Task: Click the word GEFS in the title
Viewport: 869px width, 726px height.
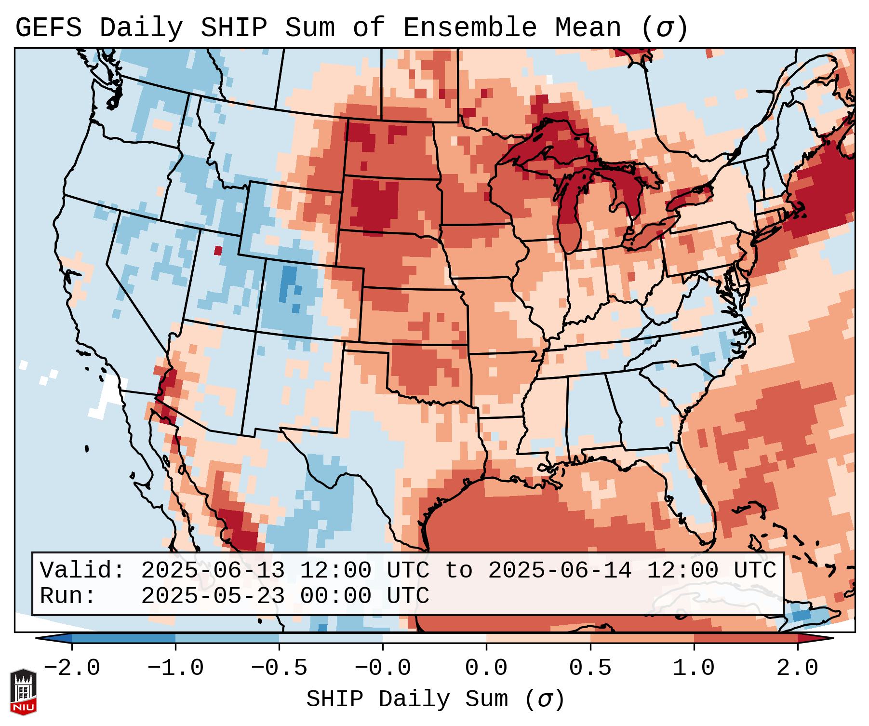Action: (x=48, y=28)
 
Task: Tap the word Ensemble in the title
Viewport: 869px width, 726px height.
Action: (x=469, y=28)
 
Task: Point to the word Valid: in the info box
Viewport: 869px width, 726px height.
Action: (x=82, y=571)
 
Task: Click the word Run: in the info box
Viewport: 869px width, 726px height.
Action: (x=67, y=596)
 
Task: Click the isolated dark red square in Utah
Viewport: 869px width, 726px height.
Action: (x=218, y=251)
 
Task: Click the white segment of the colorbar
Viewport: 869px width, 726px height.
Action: (x=434, y=638)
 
